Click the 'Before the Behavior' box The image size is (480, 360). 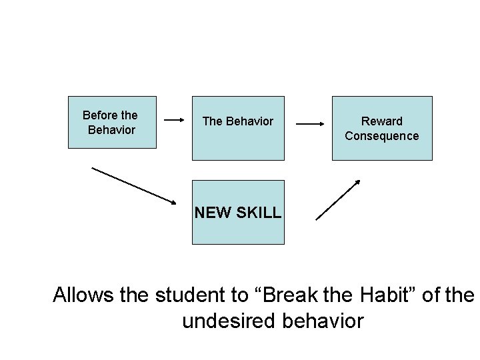[112, 122]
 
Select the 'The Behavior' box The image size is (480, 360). [238, 128]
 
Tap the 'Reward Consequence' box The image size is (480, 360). [382, 128]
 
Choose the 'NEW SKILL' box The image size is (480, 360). [238, 212]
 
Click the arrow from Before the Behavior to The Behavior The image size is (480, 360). [174, 121]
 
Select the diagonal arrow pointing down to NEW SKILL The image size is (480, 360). [133, 184]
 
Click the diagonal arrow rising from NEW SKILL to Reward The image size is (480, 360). [338, 200]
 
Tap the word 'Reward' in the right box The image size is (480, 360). [382, 121]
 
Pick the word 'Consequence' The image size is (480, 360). [382, 136]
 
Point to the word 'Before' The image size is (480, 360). [99, 115]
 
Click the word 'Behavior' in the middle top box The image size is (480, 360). [250, 121]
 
